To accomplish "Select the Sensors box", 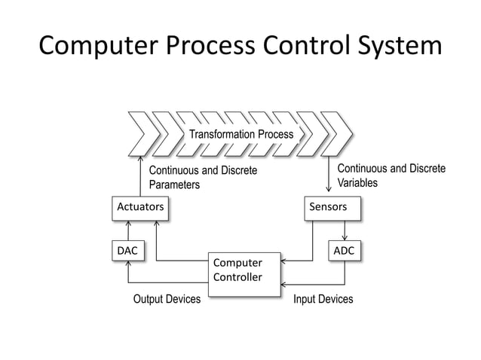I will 331,206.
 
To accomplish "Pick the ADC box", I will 345,249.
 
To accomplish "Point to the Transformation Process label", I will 240,135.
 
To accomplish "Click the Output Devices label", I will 167,300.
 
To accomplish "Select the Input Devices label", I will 323,300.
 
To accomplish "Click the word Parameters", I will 174,185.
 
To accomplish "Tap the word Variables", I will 357,183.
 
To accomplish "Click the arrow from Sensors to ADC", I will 345,230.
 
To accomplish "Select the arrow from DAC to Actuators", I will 129,230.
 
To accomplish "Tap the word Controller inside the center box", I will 237,277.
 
